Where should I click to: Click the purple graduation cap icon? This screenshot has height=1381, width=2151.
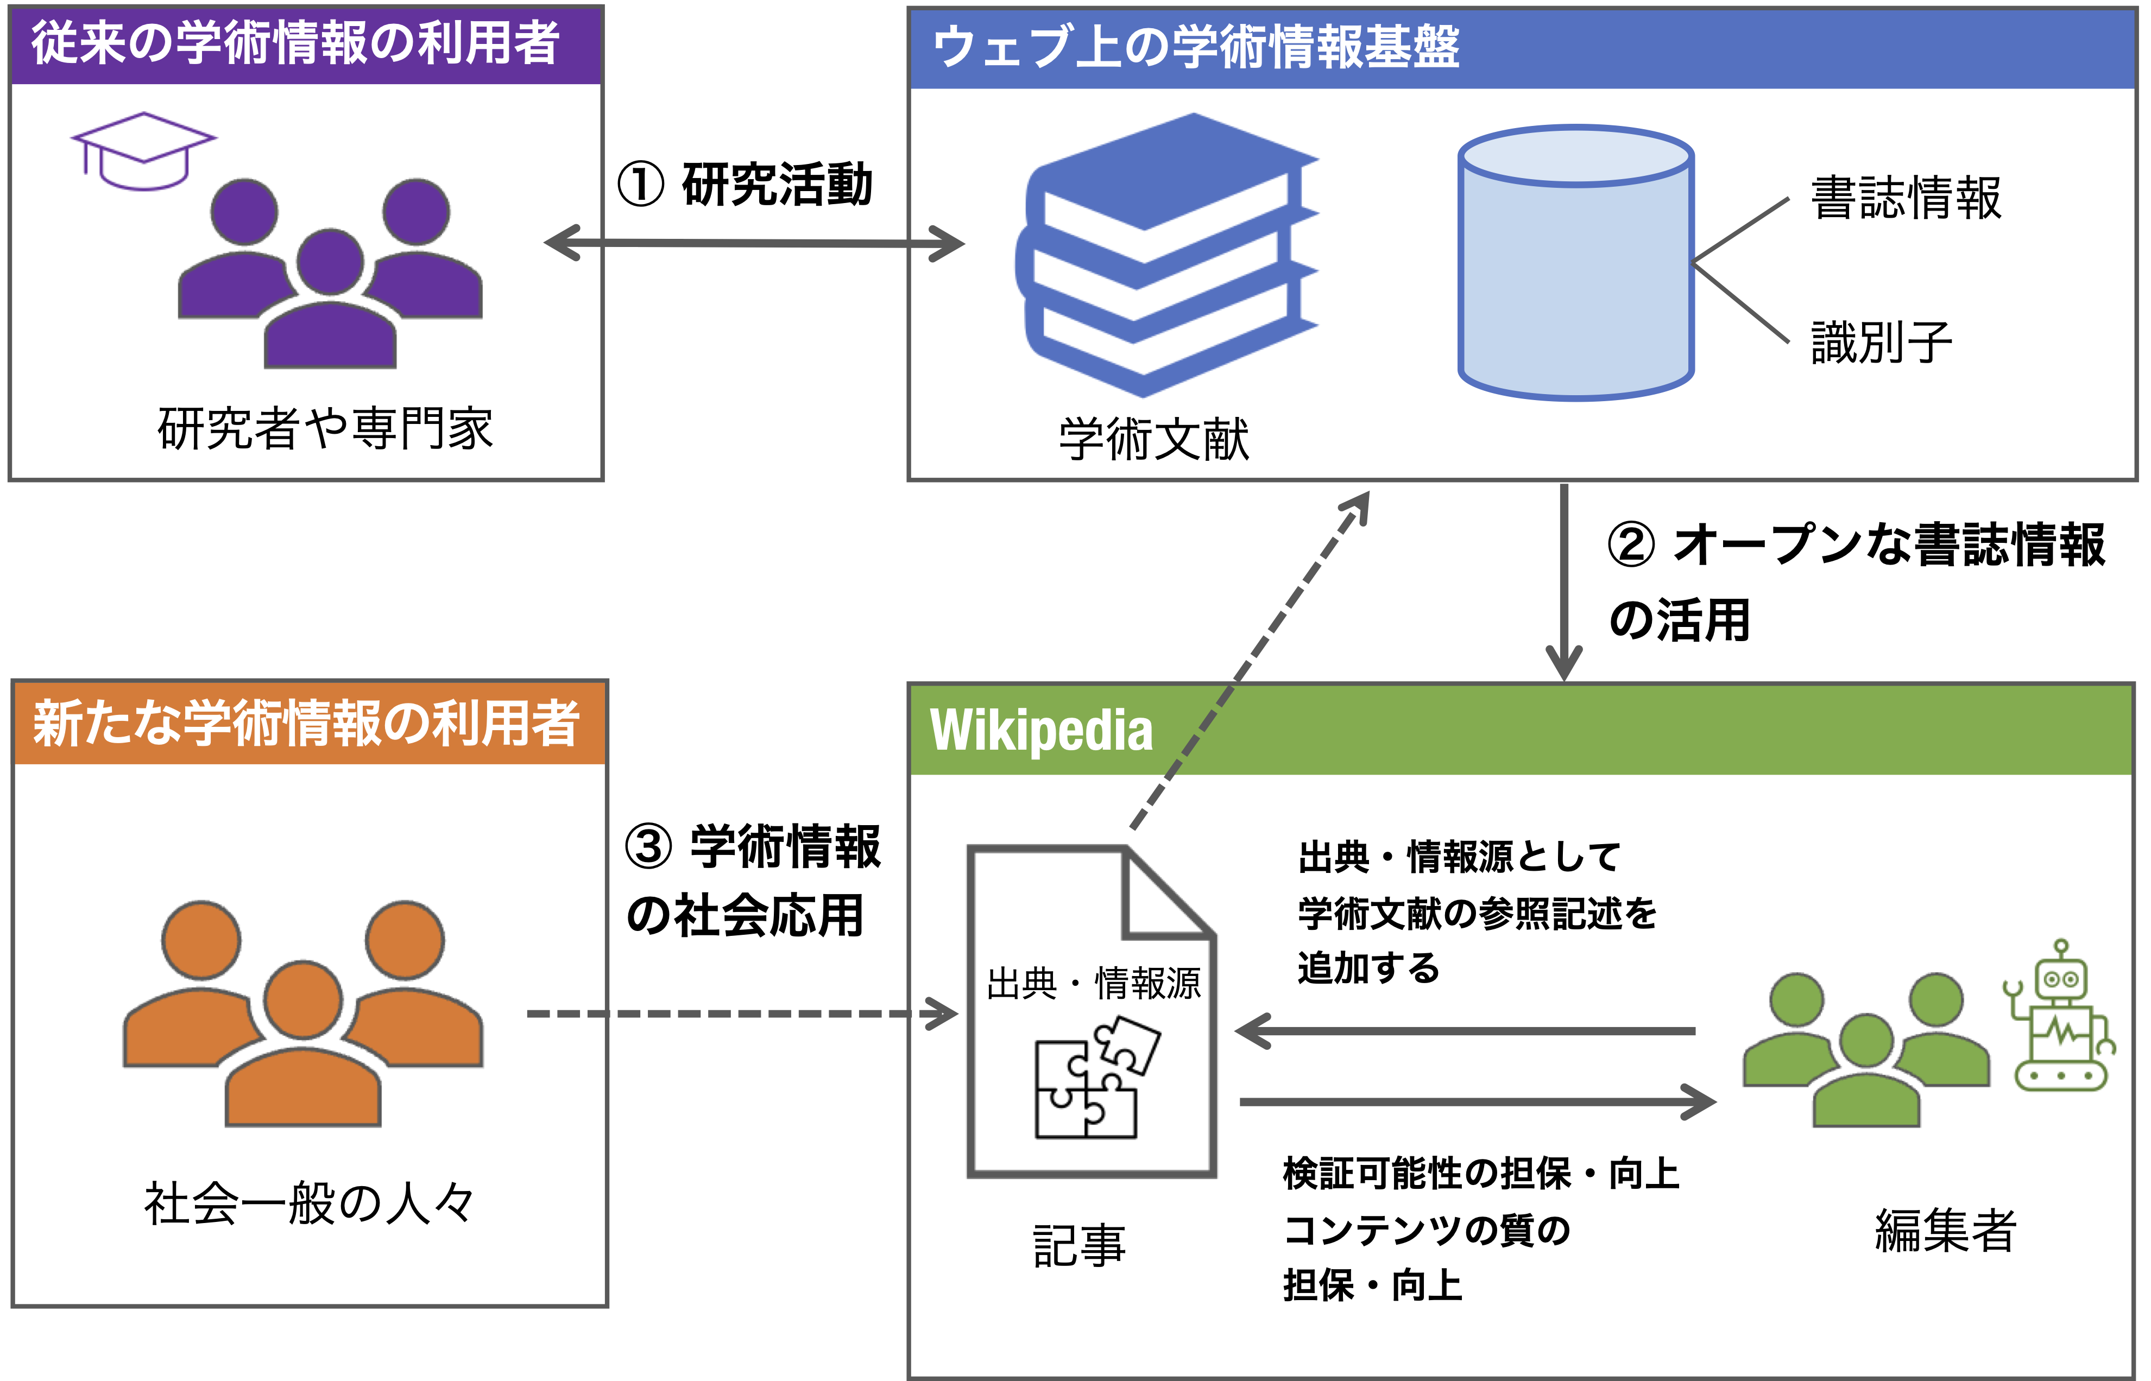(x=143, y=151)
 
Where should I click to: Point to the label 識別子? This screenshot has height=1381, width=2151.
(x=1881, y=341)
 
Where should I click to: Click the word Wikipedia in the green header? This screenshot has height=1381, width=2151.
(x=1040, y=730)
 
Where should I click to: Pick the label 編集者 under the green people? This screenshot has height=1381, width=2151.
(x=1945, y=1230)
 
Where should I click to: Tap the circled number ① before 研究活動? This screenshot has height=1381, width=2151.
(x=640, y=185)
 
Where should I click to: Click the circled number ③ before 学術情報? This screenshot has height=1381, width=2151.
(x=648, y=847)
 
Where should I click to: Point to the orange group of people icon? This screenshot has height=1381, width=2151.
(x=303, y=1013)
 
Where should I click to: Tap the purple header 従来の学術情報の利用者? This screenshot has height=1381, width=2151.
(x=296, y=43)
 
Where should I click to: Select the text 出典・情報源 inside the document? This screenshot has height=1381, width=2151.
(x=1093, y=984)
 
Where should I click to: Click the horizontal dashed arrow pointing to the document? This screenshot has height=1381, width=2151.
(x=735, y=1014)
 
